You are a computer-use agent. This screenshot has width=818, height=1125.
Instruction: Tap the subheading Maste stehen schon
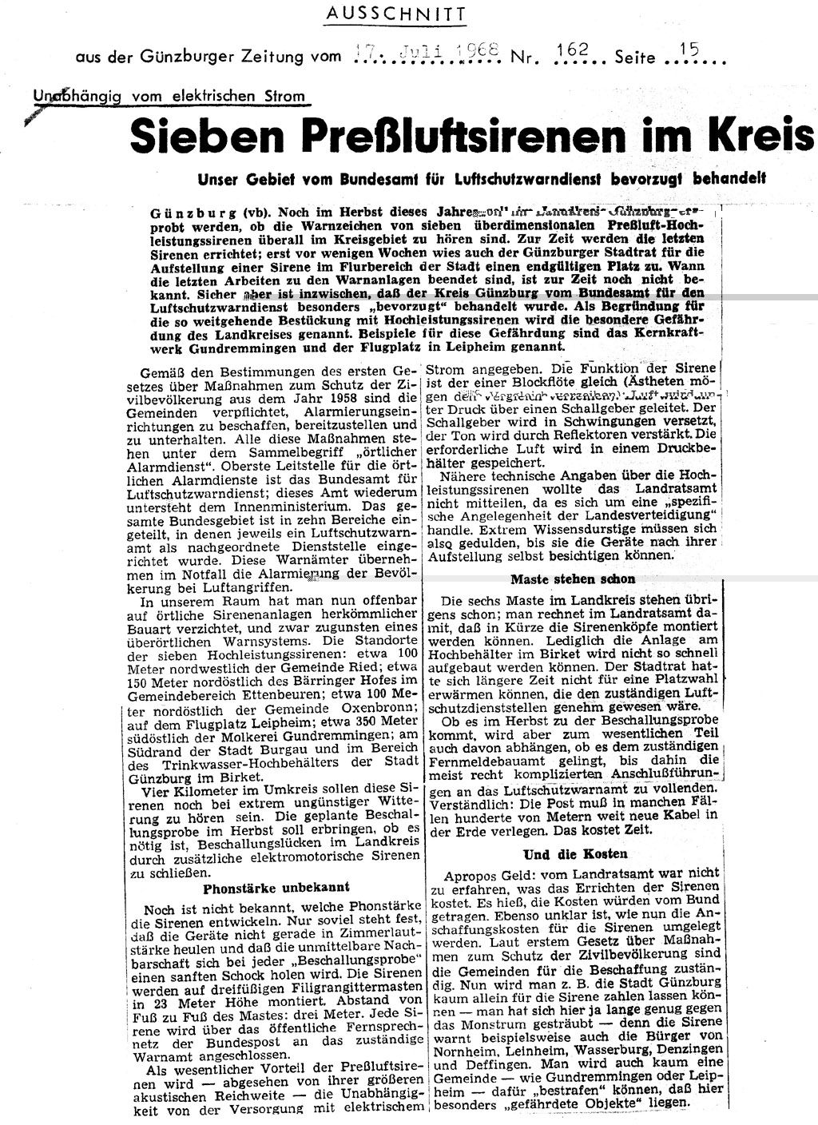click(x=574, y=578)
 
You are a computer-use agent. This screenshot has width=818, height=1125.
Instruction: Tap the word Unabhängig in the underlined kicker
click(x=69, y=97)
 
